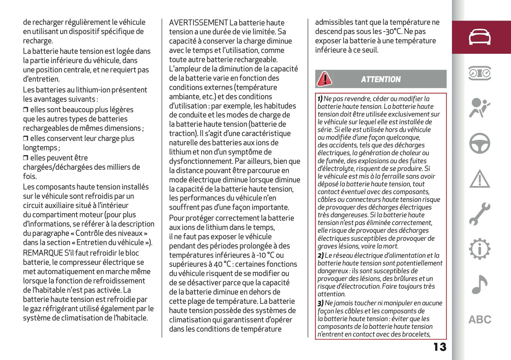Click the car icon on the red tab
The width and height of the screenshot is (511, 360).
tap(480, 37)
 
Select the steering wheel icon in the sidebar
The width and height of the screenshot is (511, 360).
tap(480, 143)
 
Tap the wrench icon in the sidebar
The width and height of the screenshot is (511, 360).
tap(480, 214)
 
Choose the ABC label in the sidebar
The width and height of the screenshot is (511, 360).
tap(480, 320)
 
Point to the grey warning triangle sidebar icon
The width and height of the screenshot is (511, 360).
tap(480, 179)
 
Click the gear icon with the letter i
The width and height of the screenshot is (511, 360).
tap(480, 249)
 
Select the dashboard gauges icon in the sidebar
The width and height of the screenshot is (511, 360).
tap(480, 73)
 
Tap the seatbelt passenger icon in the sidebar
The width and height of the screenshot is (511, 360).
tap(480, 108)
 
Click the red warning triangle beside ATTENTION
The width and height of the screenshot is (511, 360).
tap(324, 79)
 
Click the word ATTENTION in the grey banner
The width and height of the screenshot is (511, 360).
tap(381, 80)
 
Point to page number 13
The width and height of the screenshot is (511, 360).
tap(440, 347)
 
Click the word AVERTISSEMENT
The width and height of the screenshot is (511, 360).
tap(198, 23)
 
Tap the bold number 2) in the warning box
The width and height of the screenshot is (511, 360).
tap(320, 255)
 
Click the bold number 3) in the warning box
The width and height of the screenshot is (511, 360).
tap(320, 303)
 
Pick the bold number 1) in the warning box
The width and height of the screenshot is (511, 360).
tap(320, 99)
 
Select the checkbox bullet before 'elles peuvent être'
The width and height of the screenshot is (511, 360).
tap(25, 158)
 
